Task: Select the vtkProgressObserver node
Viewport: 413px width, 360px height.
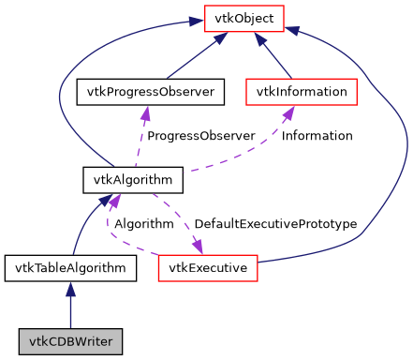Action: pyautogui.click(x=145, y=92)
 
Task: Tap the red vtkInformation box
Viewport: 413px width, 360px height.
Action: pyautogui.click(x=301, y=92)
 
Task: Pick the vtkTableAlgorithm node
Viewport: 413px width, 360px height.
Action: pyautogui.click(x=70, y=268)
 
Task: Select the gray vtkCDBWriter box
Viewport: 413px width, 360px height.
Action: pyautogui.click(x=70, y=342)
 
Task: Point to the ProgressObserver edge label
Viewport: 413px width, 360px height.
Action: pyautogui.click(x=200, y=136)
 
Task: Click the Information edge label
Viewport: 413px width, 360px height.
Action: pyautogui.click(x=317, y=136)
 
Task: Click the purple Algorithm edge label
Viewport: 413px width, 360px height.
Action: pyautogui.click(x=143, y=224)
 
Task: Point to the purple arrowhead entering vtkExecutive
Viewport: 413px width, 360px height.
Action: pyautogui.click(x=199, y=247)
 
